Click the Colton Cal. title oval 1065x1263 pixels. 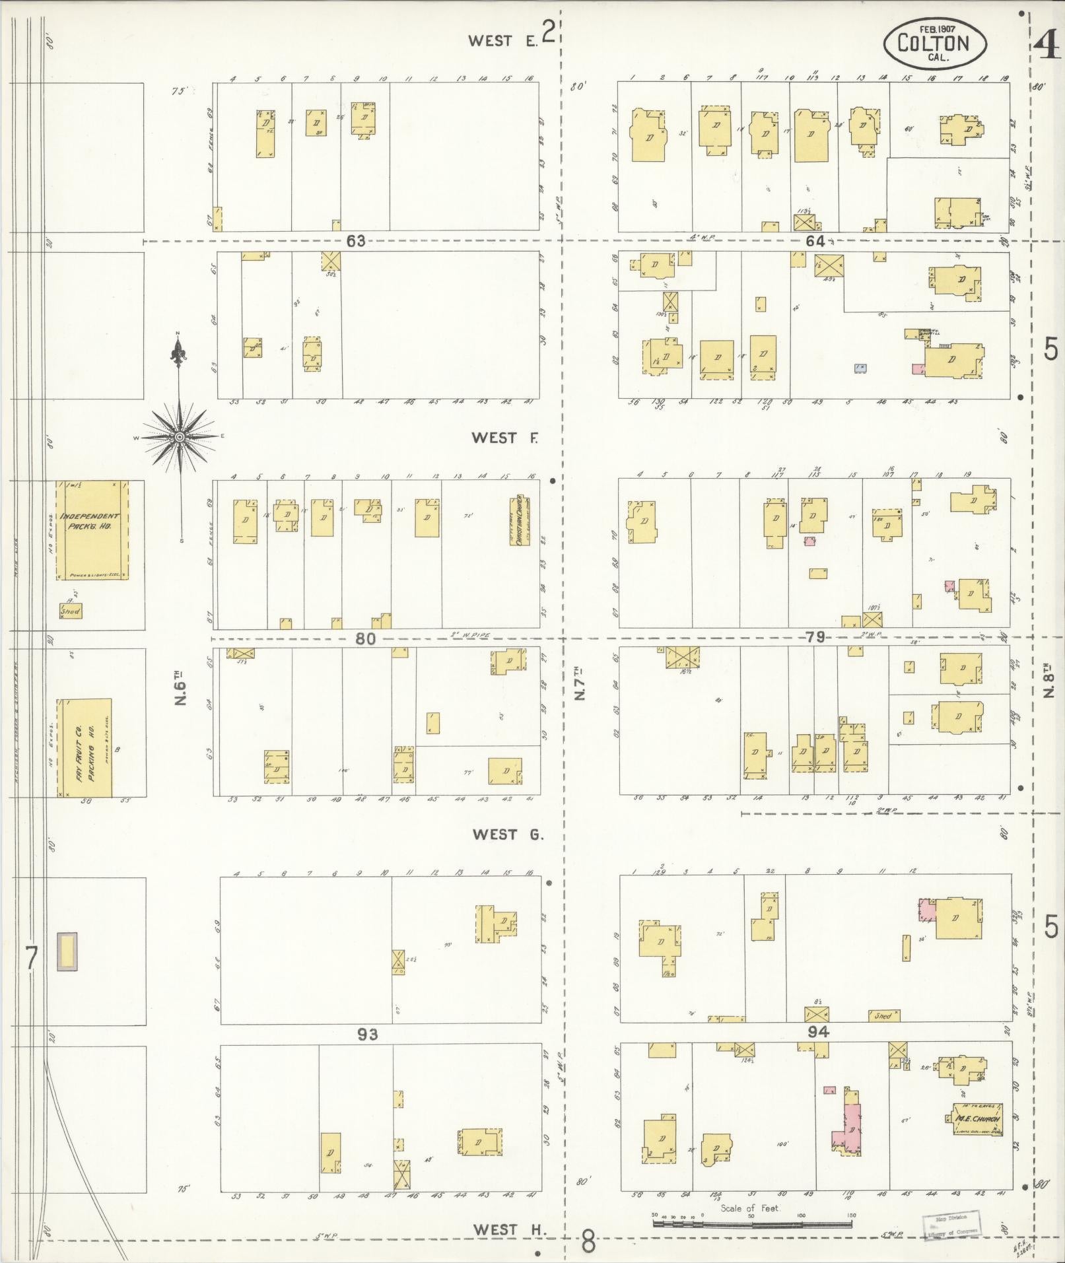[x=934, y=42]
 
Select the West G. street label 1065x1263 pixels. [x=508, y=835]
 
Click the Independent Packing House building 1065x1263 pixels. [x=92, y=529]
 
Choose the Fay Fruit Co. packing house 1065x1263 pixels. [x=85, y=748]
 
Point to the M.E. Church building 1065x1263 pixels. [x=978, y=1119]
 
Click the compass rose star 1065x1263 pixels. [x=179, y=437]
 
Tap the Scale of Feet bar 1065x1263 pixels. [x=752, y=1223]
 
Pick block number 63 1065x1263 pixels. [x=355, y=241]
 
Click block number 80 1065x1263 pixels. [x=365, y=638]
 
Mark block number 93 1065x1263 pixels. [x=367, y=1035]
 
